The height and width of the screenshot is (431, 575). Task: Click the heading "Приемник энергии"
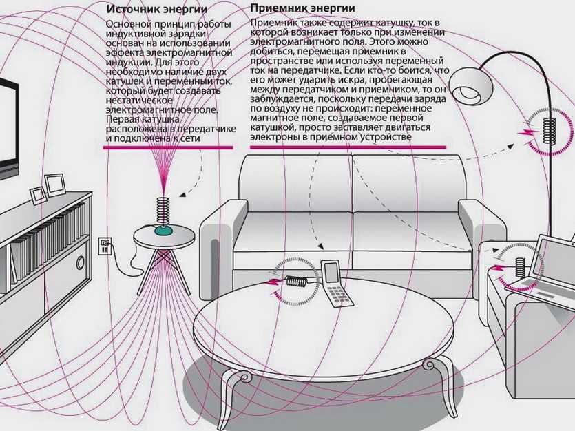pos(302,8)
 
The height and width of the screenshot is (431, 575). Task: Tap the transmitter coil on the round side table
pos(163,209)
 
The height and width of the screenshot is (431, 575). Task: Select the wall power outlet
pos(105,245)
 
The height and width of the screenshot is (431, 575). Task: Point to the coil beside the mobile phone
pos(297,281)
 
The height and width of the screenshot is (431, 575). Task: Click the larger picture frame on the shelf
pos(54,184)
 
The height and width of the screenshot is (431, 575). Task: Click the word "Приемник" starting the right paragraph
pos(272,23)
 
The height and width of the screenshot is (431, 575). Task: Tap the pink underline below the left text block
pos(168,147)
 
